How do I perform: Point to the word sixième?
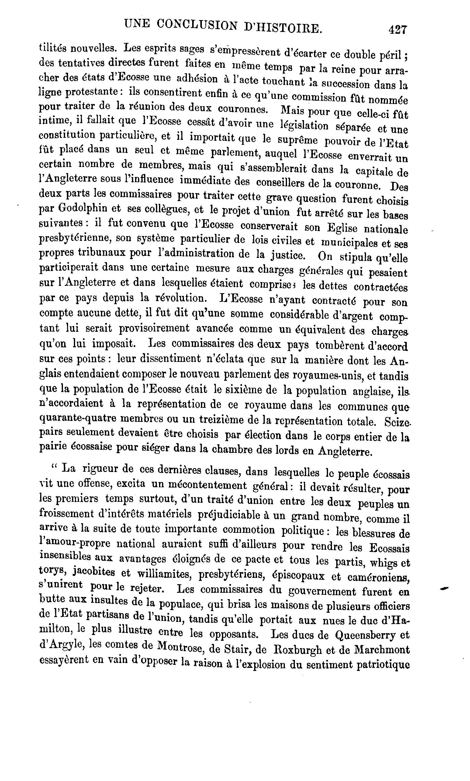243,390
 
